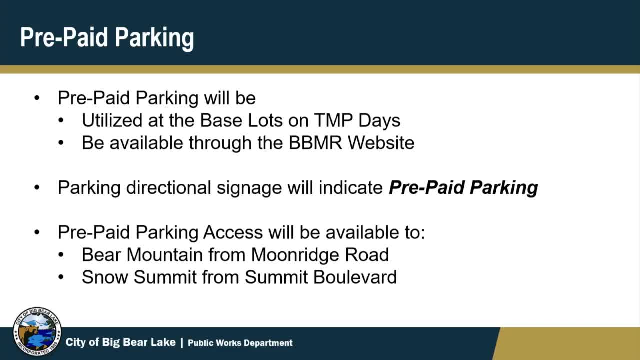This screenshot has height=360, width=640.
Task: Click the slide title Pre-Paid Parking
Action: coord(107,38)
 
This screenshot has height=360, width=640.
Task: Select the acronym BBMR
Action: coord(315,142)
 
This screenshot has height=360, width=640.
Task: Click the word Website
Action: coord(381,142)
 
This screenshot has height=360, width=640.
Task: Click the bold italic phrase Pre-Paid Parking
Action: coord(463,188)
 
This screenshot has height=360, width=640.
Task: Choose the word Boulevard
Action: coord(355,277)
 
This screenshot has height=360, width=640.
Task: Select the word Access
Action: coord(233,232)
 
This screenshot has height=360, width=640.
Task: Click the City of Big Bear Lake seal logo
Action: coord(37,331)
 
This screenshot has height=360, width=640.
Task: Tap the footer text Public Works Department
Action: coord(240,343)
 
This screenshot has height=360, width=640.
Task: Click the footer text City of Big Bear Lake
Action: coord(120,342)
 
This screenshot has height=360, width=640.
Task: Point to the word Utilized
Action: coord(112,120)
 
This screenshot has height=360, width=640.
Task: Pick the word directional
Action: coord(168,187)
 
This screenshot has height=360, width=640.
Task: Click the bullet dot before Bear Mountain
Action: coord(61,254)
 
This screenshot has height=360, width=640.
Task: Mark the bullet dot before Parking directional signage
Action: coord(37,187)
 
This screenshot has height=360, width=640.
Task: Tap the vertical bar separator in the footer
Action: coord(182,343)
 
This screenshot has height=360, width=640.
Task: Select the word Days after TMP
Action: coord(379,121)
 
